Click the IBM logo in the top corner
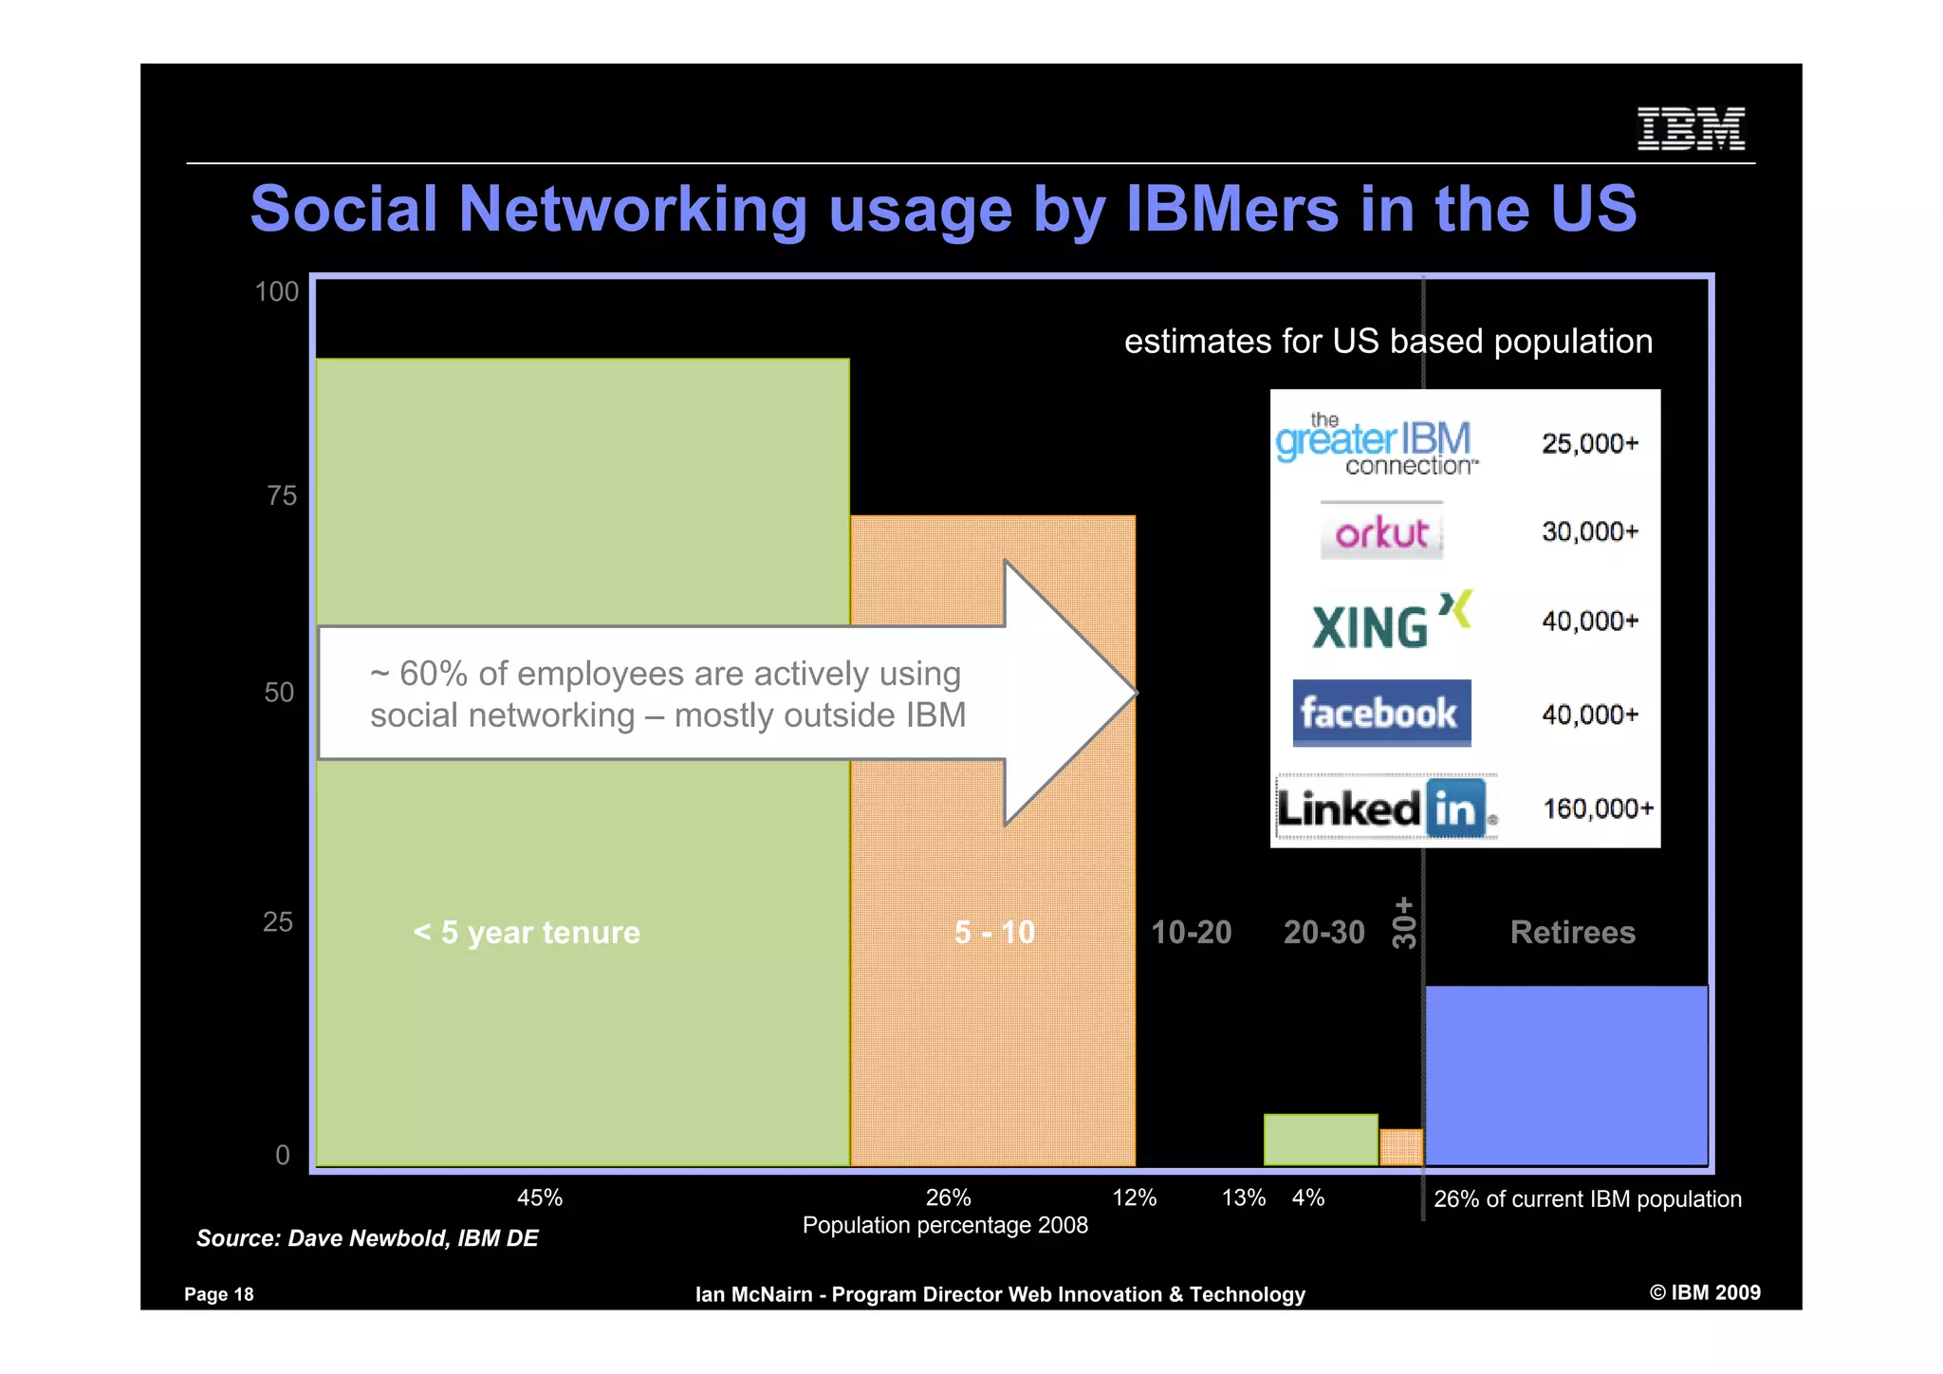[1691, 129]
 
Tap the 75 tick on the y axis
[282, 495]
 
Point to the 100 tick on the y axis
[276, 291]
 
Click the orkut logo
[1381, 532]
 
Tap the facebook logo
[1381, 713]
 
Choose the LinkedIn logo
[1386, 808]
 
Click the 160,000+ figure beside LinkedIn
[1598, 808]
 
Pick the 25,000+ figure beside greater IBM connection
[1590, 443]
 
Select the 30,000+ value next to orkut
[1590, 531]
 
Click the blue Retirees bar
[1566, 1075]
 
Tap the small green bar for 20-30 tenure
[1321, 1140]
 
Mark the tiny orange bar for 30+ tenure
[1401, 1147]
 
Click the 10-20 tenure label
[1191, 932]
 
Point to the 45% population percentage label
[540, 1198]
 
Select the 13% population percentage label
[1244, 1198]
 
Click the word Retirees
[1573, 932]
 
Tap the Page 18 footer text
[219, 1294]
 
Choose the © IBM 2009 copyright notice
[1705, 1292]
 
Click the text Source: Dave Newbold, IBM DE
[367, 1238]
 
